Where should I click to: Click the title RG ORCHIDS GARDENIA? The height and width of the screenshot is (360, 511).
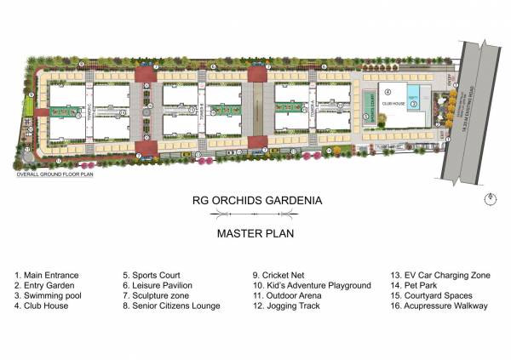(255, 203)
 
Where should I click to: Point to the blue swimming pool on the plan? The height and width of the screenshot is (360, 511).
(414, 91)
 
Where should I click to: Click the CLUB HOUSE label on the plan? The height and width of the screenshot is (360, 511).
(392, 103)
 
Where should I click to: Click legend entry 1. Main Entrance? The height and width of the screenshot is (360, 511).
(47, 275)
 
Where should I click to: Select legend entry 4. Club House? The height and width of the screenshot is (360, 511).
(42, 306)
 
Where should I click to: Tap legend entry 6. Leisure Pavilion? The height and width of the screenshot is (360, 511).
(158, 285)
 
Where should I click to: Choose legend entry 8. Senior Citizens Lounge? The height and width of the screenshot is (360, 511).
(171, 306)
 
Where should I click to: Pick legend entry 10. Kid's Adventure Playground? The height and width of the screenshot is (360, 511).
(312, 285)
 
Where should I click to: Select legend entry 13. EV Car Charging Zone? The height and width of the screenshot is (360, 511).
(439, 275)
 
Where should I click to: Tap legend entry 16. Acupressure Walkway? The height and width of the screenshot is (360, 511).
(439, 306)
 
